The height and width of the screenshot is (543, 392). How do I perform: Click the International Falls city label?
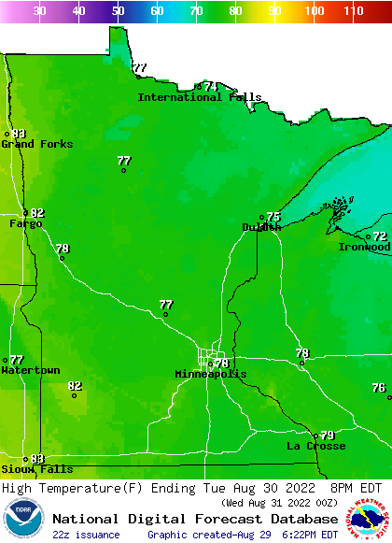point(200,97)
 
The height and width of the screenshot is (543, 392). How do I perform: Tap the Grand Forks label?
point(37,144)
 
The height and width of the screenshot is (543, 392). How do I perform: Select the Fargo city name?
point(25,223)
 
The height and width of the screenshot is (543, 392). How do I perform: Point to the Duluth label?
point(261,227)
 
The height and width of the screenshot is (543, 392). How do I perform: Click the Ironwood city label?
point(364,247)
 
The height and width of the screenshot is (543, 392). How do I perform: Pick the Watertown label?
point(30,370)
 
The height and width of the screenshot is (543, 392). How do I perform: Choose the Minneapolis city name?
point(211,374)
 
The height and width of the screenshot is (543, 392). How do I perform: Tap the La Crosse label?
point(315,446)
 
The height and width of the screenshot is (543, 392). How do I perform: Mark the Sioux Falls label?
point(36,469)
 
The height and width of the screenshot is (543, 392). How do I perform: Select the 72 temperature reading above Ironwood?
point(380,236)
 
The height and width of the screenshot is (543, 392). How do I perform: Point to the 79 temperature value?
point(328,436)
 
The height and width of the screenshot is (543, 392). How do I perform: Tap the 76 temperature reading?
point(378,388)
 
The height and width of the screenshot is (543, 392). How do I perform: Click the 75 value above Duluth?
point(273,217)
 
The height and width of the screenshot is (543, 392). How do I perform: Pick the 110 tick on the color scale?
point(353,11)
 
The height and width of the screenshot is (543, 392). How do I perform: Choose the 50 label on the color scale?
point(118,11)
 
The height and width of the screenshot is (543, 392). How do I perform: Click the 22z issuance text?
point(86,535)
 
